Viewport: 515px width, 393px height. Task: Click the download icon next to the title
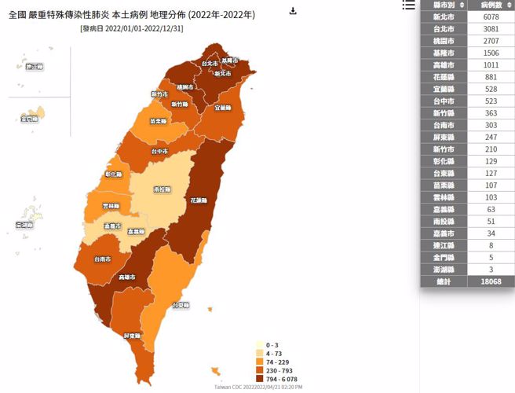(293, 11)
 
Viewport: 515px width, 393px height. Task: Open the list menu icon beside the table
(408, 5)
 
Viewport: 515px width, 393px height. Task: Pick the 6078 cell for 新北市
(491, 17)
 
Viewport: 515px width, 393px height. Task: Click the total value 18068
(491, 281)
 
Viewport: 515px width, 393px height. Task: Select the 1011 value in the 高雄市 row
(491, 67)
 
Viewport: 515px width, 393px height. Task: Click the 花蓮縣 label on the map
(199, 201)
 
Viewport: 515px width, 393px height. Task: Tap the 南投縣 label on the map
(163, 189)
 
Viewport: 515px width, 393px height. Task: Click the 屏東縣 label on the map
(132, 336)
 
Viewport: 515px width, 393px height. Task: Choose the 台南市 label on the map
(102, 259)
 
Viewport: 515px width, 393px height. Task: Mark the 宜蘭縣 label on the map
(223, 107)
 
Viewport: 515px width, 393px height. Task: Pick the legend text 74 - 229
(276, 362)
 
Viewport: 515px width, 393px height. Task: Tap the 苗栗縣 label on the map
(158, 121)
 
